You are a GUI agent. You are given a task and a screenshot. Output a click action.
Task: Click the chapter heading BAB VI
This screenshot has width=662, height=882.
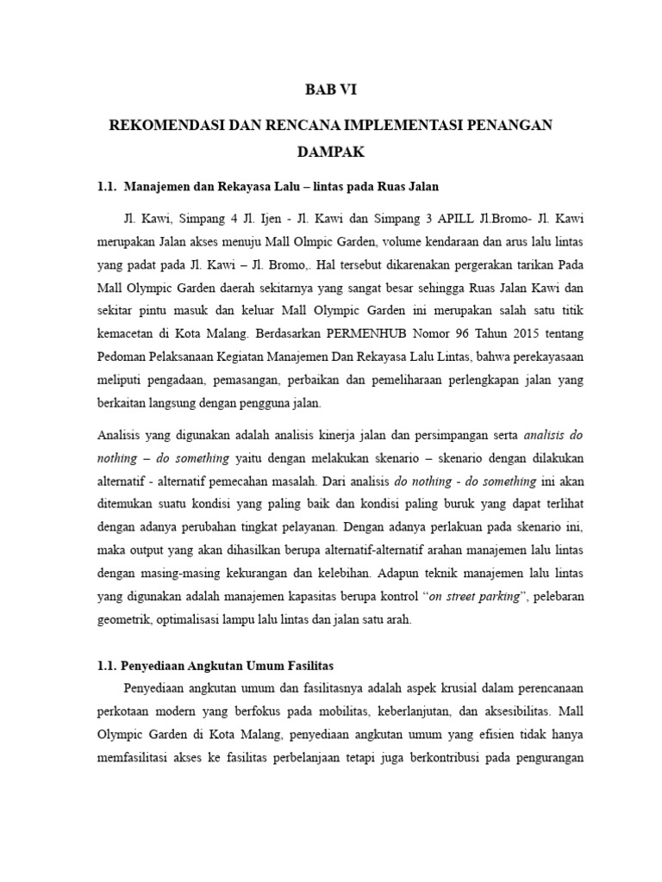pos(332,89)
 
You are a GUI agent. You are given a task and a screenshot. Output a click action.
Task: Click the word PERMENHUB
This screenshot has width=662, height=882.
pos(363,332)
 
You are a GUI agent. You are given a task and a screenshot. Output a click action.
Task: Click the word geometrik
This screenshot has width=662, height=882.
pos(124,620)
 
